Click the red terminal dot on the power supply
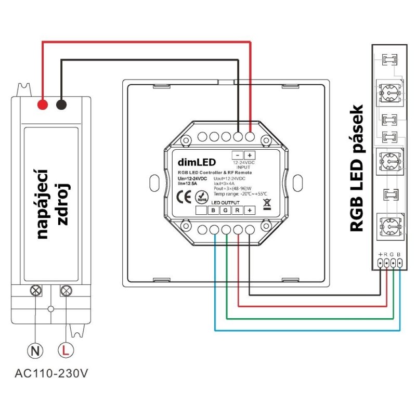tap(43, 105)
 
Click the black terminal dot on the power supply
tap(61, 105)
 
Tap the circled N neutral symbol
tap(35, 350)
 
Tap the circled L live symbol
tap(66, 350)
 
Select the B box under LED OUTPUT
tap(214, 211)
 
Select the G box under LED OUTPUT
tap(226, 211)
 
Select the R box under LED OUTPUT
tap(238, 211)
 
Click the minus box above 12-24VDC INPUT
tap(238, 155)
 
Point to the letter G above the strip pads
tap(392, 254)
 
